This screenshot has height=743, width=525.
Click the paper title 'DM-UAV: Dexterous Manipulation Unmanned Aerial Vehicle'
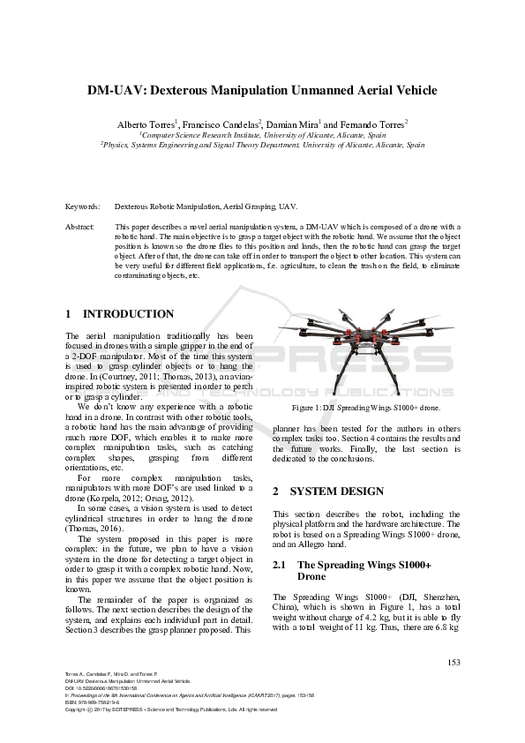click(x=262, y=90)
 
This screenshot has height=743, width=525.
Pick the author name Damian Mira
click(x=295, y=124)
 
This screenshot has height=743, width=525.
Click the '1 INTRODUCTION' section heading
click(x=120, y=314)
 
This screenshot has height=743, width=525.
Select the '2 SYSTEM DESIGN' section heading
click(x=327, y=491)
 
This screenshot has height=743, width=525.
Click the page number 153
click(x=454, y=662)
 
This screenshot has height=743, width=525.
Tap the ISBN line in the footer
click(x=95, y=702)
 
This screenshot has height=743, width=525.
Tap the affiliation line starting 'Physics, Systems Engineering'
click(x=262, y=144)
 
